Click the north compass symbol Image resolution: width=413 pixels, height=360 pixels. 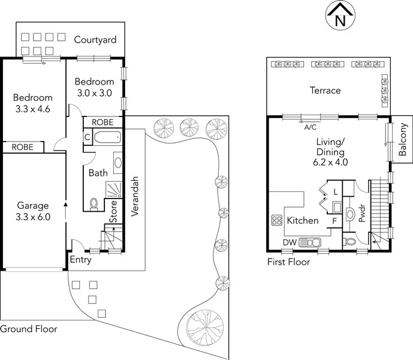(340, 15)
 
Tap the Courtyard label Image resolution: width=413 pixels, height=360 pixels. (95, 40)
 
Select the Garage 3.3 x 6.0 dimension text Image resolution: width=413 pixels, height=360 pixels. (33, 217)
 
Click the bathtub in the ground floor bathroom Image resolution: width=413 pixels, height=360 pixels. (108, 137)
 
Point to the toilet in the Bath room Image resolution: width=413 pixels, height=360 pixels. (94, 205)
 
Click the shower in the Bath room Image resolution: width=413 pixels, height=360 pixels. (114, 190)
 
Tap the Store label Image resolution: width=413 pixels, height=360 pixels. (113, 212)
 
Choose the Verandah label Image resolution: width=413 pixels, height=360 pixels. (135, 196)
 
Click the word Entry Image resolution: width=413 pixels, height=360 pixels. (80, 260)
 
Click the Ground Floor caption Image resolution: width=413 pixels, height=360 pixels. (28, 329)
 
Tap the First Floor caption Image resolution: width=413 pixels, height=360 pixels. (289, 262)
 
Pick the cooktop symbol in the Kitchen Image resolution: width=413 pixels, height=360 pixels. (277, 220)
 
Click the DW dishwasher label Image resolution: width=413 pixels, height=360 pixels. (290, 242)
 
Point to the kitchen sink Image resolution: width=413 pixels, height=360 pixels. (310, 242)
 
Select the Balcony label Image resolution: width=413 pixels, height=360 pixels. (402, 139)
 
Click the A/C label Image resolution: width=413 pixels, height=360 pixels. (310, 127)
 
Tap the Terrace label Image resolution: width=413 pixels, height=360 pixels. (325, 91)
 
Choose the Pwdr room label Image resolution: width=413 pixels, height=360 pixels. (363, 213)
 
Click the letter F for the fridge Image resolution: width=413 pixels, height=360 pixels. (334, 221)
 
